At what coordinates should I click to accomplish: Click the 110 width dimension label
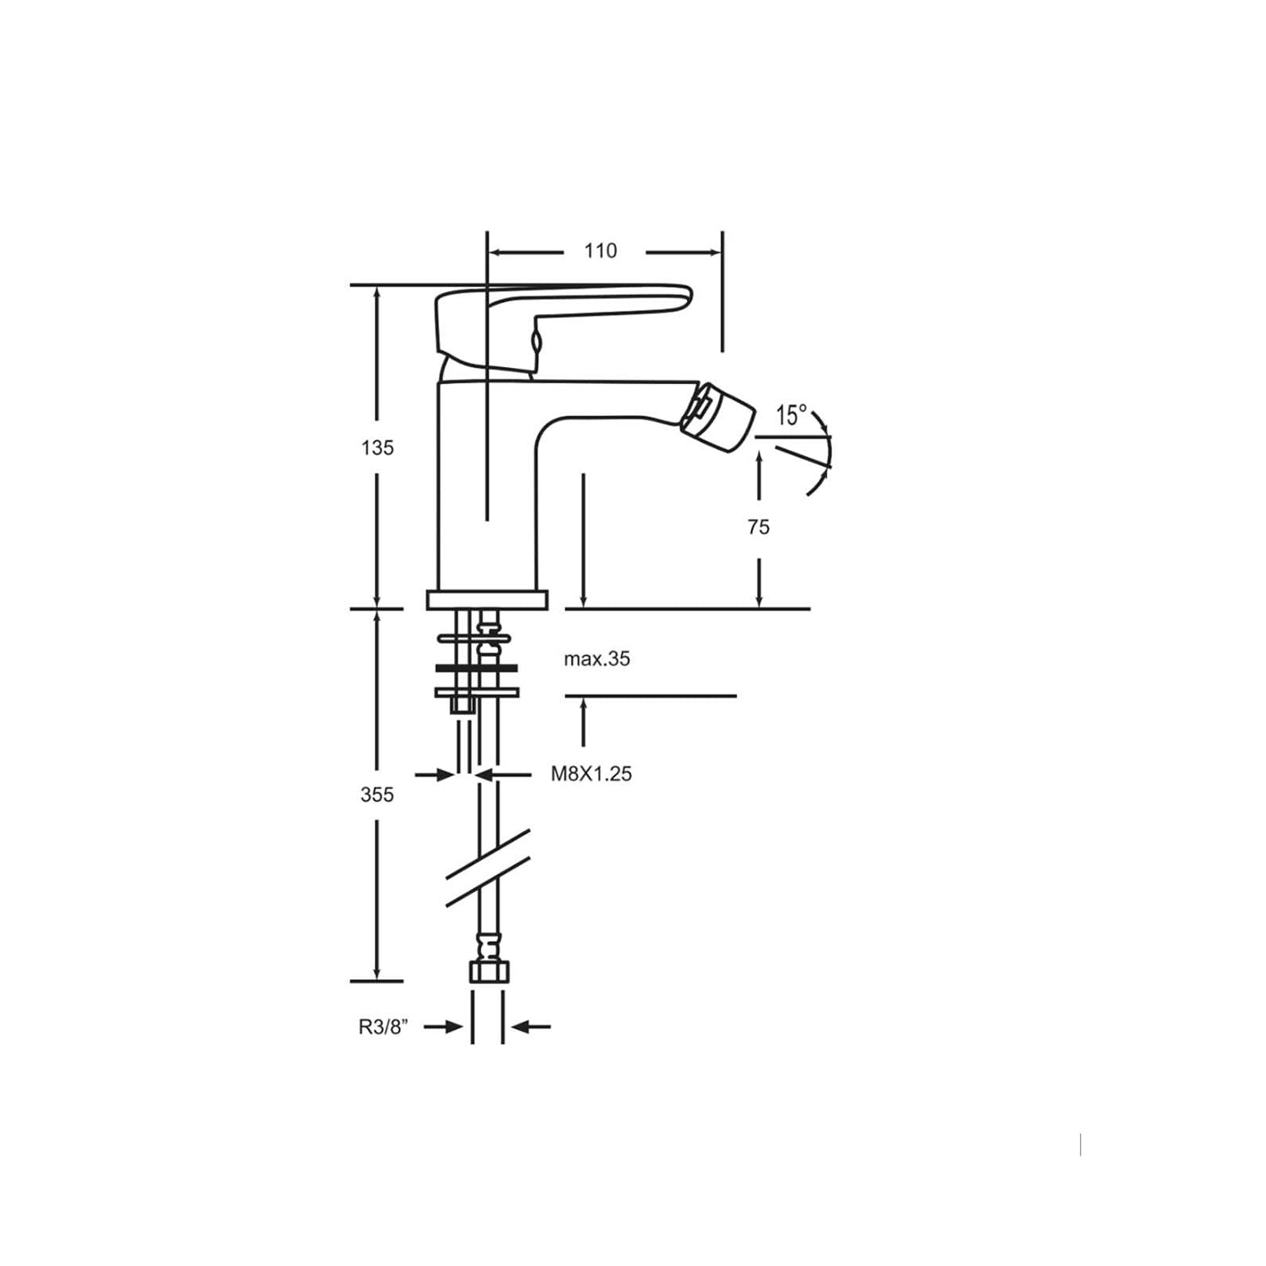tap(600, 251)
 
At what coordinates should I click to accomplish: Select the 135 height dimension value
tap(377, 447)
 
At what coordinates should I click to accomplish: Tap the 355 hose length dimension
tap(376, 794)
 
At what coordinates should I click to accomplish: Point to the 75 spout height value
tap(758, 527)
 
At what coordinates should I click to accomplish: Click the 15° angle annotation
tap(791, 415)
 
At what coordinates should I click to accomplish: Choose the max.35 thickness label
tap(597, 659)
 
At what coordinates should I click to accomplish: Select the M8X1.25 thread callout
tap(591, 773)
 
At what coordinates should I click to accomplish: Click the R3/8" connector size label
tap(383, 1027)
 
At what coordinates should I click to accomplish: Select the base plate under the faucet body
tap(487, 600)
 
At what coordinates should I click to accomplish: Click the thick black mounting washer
tap(477, 668)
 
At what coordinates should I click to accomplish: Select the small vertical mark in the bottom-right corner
tap(1080, 1145)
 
